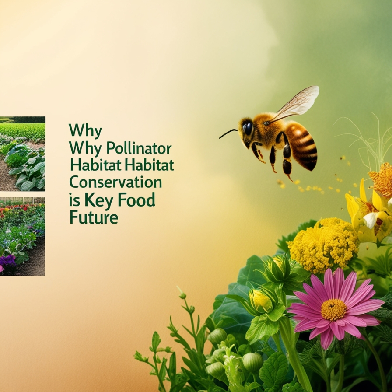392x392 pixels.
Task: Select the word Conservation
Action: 115,182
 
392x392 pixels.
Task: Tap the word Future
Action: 94,217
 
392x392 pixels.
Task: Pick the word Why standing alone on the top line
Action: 85,131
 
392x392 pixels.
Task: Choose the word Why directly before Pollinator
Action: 85,148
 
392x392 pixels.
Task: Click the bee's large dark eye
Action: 248,128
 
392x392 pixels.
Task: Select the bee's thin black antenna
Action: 228,133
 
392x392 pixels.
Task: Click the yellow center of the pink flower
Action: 333,309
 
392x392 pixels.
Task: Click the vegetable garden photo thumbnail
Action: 22,153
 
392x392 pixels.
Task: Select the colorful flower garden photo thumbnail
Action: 22,236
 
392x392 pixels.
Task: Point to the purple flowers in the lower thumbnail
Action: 7,261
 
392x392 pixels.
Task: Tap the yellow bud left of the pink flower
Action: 261,300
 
